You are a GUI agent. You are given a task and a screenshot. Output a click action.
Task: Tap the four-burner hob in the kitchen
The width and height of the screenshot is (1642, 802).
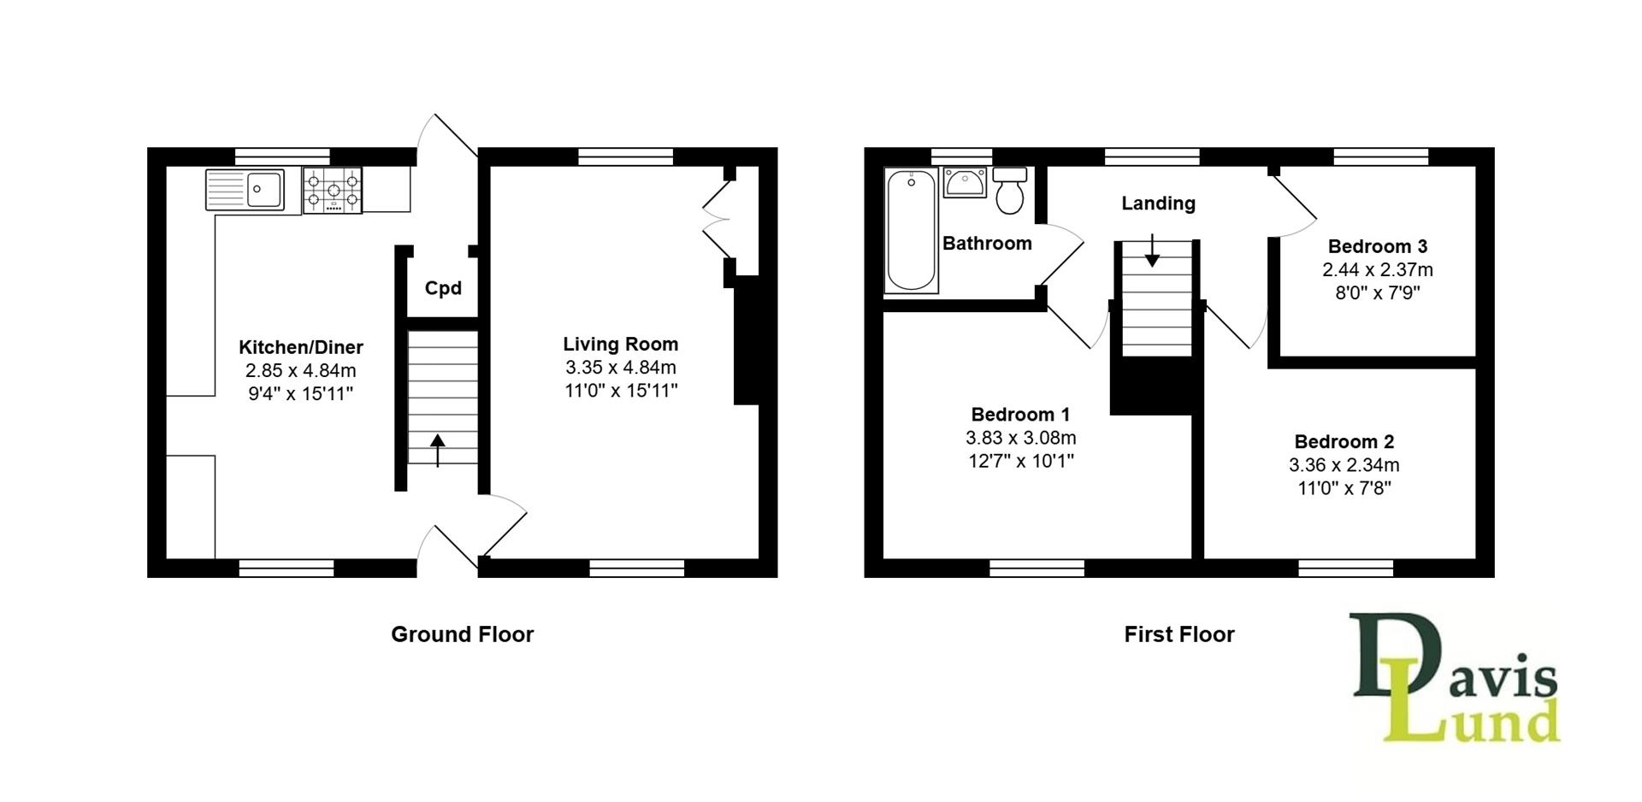tap(333, 190)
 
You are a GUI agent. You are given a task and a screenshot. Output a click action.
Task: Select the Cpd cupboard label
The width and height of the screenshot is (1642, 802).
tap(443, 288)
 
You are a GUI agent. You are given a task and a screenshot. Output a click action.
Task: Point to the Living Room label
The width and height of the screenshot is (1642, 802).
tap(620, 344)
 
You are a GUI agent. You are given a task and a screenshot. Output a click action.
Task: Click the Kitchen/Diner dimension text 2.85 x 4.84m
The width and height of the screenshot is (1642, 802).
tap(300, 371)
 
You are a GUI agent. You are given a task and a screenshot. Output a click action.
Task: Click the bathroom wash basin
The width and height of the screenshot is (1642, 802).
tap(966, 182)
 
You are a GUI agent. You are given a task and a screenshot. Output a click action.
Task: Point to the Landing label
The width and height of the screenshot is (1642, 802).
tap(1158, 203)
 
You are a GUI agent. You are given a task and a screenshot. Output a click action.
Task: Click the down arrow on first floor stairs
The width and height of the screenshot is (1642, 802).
tap(1152, 251)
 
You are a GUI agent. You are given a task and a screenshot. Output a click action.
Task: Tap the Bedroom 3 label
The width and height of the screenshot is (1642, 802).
tap(1377, 246)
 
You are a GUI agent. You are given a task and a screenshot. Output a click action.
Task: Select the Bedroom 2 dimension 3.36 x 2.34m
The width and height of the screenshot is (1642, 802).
tap(1344, 465)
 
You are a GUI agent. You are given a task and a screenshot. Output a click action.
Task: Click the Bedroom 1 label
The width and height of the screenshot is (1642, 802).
tap(1020, 415)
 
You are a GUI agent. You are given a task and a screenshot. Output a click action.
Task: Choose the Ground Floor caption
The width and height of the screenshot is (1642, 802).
tap(462, 634)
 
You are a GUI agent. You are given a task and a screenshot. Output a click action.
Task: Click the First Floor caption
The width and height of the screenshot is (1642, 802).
tap(1178, 634)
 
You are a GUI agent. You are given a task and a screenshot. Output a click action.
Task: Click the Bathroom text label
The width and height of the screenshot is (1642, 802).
tap(987, 244)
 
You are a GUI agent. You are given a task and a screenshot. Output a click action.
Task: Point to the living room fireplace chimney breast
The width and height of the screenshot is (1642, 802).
tap(747, 346)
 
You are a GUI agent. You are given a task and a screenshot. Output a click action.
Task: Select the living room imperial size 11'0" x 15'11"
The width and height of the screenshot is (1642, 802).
tap(620, 391)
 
